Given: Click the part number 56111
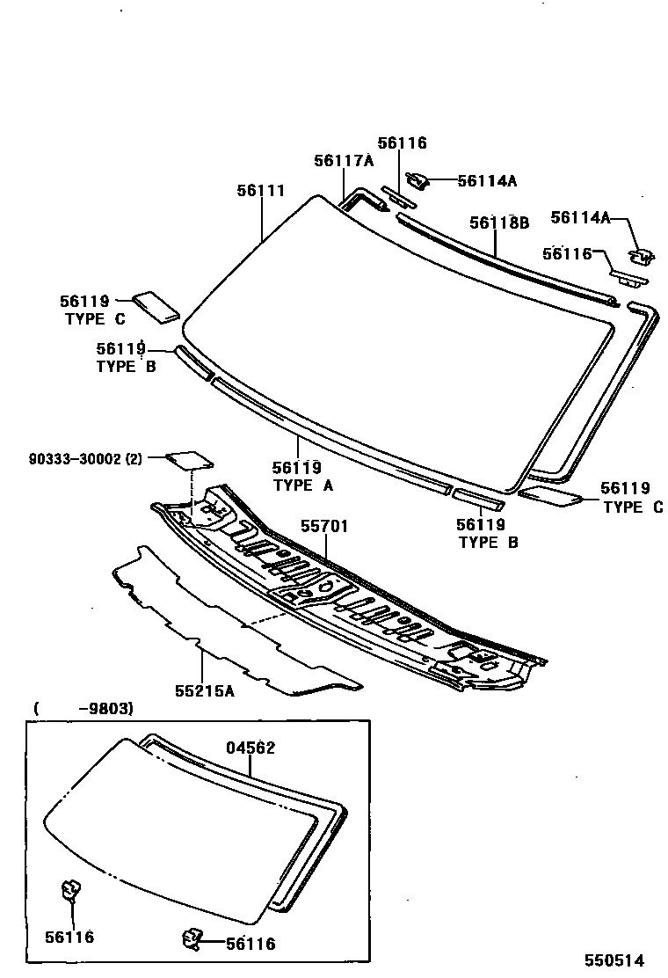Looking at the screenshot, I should [x=260, y=190].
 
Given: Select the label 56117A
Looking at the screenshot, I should [x=344, y=160].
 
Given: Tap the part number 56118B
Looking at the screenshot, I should [x=498, y=223].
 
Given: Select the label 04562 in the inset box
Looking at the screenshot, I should [x=250, y=748].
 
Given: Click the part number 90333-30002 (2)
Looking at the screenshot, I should [x=84, y=458].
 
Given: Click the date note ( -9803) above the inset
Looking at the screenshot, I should [x=83, y=708].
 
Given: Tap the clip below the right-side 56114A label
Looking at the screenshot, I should [x=641, y=256].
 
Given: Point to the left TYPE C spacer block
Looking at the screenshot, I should [x=156, y=305].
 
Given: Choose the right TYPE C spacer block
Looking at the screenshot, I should [x=550, y=497].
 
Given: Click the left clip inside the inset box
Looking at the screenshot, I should [x=70, y=890].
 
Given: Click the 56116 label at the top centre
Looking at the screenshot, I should [x=402, y=142].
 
